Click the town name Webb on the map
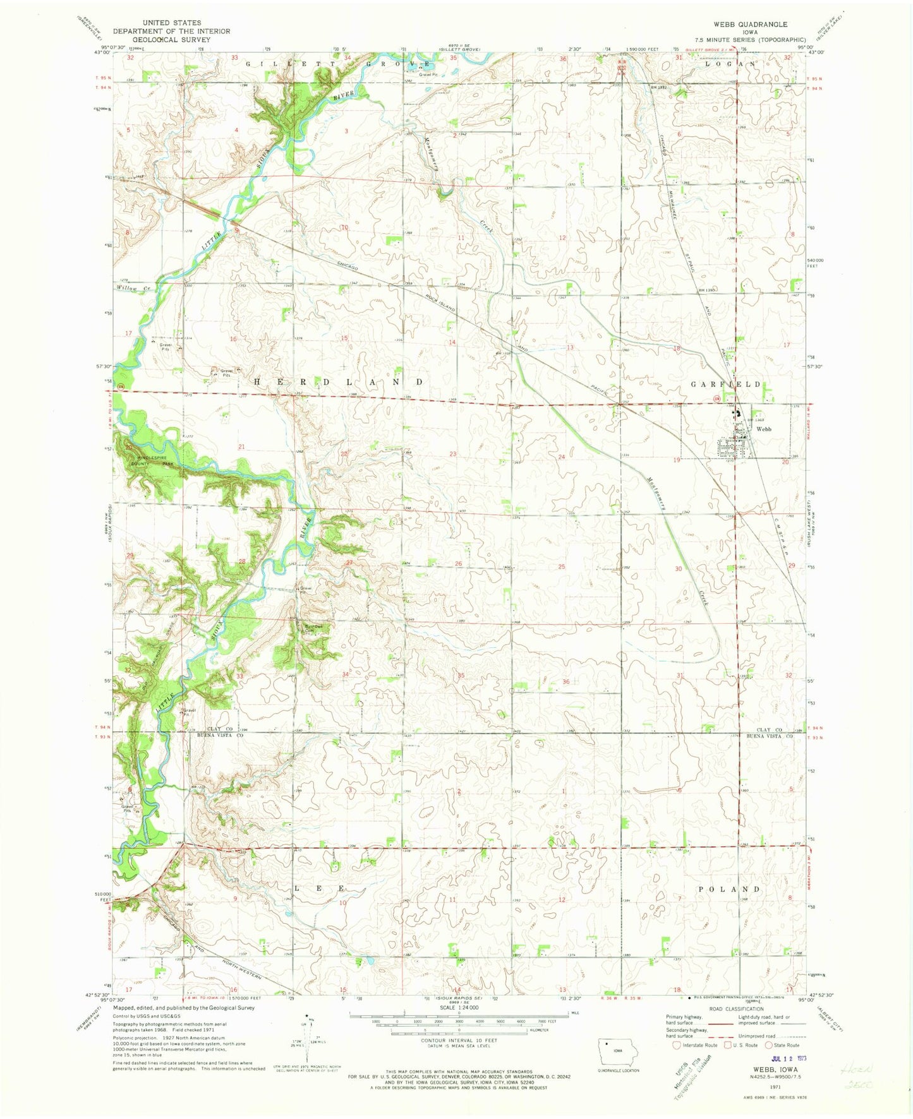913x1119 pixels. (764, 429)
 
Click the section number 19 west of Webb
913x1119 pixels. (676, 460)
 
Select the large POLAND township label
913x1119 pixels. (729, 889)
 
